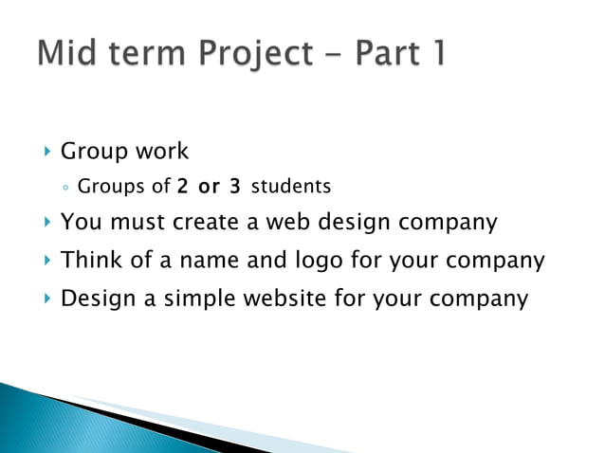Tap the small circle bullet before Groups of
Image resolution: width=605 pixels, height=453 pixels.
(64, 188)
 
